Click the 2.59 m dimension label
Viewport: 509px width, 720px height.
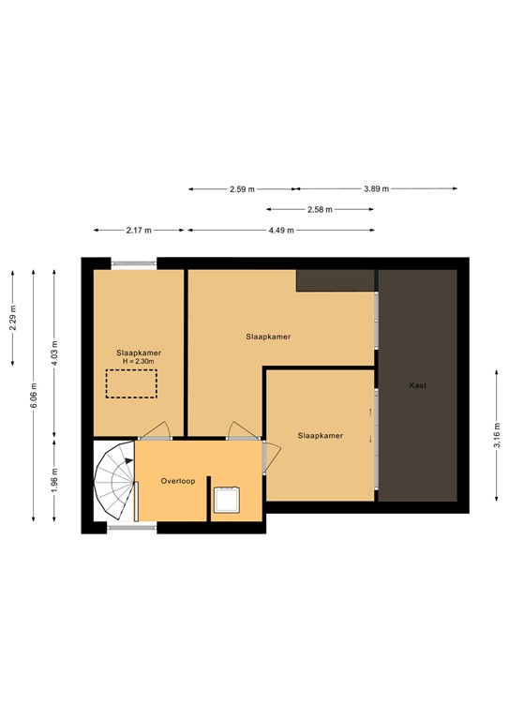(242, 189)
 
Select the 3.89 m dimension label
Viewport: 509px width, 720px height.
(377, 189)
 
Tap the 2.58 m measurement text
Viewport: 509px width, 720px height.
(321, 210)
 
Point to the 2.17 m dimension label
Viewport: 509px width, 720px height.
(139, 230)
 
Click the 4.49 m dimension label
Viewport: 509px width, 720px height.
(281, 230)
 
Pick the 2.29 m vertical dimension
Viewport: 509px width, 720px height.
(13, 320)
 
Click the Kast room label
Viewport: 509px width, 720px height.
(417, 385)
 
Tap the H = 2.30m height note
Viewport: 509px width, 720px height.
(139, 361)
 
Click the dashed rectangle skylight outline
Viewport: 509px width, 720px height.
(130, 384)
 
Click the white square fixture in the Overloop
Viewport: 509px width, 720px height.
(227, 501)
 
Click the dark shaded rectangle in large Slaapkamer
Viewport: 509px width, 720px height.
(336, 279)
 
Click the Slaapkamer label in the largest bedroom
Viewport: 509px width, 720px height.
(268, 335)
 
